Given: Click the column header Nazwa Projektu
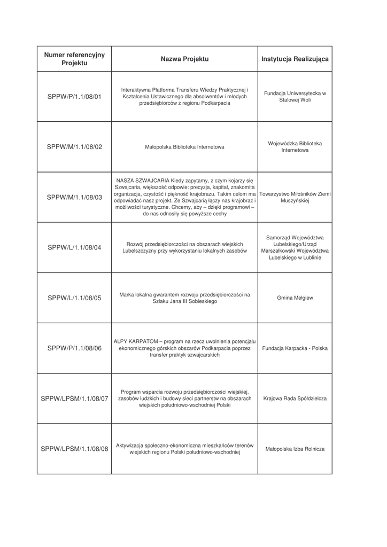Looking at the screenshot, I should (184, 59).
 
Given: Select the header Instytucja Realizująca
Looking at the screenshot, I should (295, 59).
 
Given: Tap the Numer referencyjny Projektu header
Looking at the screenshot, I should (74, 59).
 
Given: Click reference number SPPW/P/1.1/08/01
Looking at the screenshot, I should (74, 97).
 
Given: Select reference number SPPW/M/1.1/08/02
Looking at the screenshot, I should (74, 147).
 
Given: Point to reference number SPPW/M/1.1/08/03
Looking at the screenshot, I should (74, 197).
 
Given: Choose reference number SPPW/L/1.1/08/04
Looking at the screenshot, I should (74, 247).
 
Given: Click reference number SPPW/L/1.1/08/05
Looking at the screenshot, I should (74, 298).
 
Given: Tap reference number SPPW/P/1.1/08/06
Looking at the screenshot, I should (74, 348).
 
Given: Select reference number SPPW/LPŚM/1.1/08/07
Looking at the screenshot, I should (74, 398).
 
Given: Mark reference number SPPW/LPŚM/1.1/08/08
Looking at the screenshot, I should (74, 449).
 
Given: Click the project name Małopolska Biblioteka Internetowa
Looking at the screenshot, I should (184, 147).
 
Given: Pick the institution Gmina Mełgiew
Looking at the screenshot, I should (295, 298).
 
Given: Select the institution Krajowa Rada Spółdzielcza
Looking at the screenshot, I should (295, 398).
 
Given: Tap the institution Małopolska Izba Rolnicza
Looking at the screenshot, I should (295, 449).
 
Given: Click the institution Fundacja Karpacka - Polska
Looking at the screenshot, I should (295, 348).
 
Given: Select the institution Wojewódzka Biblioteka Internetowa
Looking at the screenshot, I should (295, 147).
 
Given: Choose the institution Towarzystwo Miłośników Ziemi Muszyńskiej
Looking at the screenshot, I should (295, 197).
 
